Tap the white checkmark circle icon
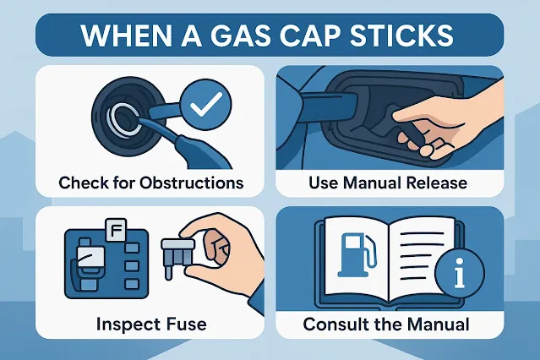coord(206,106)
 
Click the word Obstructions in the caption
coord(192,183)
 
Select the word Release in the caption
coord(437,183)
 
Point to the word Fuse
coord(186,324)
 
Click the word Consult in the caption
coord(333,324)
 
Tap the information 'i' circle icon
coord(460,272)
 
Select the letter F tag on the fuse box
coord(116,230)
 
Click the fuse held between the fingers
coord(177,255)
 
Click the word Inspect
coord(128,325)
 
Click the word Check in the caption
coord(79,183)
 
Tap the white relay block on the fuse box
coord(90,257)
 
